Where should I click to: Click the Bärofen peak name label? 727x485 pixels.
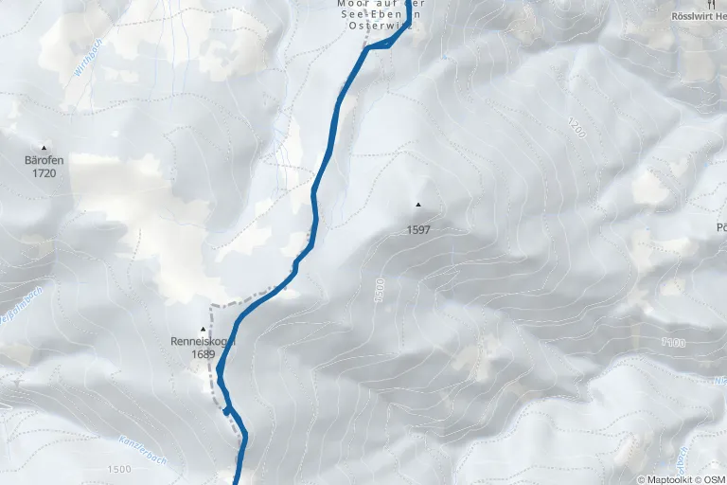[x=44, y=161]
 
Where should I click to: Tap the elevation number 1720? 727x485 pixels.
[x=44, y=173]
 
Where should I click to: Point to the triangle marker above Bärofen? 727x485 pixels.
[x=44, y=147]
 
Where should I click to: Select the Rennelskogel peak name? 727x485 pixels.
[x=202, y=341]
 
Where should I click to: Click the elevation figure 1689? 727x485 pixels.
[x=202, y=353]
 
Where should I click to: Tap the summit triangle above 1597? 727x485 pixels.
[x=417, y=204]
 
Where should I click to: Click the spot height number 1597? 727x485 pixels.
[x=417, y=228]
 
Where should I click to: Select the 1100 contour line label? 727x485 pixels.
[x=673, y=342]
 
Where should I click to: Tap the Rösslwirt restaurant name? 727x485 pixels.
[x=698, y=16]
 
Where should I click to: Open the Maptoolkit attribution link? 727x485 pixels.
[x=671, y=478]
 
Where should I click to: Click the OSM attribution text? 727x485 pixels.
[x=715, y=478]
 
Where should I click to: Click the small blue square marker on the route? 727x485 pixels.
[x=227, y=411]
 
